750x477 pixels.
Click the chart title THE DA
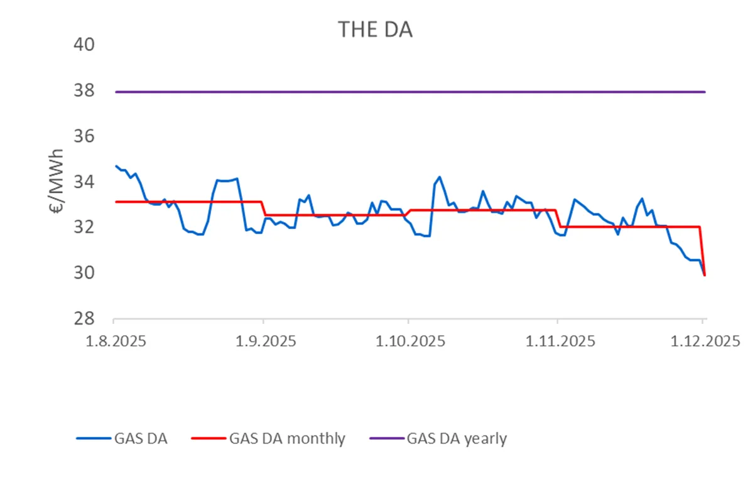375,29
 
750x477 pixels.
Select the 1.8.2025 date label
114,343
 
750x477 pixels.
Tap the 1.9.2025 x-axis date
263,343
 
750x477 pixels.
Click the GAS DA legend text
141,439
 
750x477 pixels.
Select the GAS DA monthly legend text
288,439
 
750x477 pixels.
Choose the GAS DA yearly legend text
457,439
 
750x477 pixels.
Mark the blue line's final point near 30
704,274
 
